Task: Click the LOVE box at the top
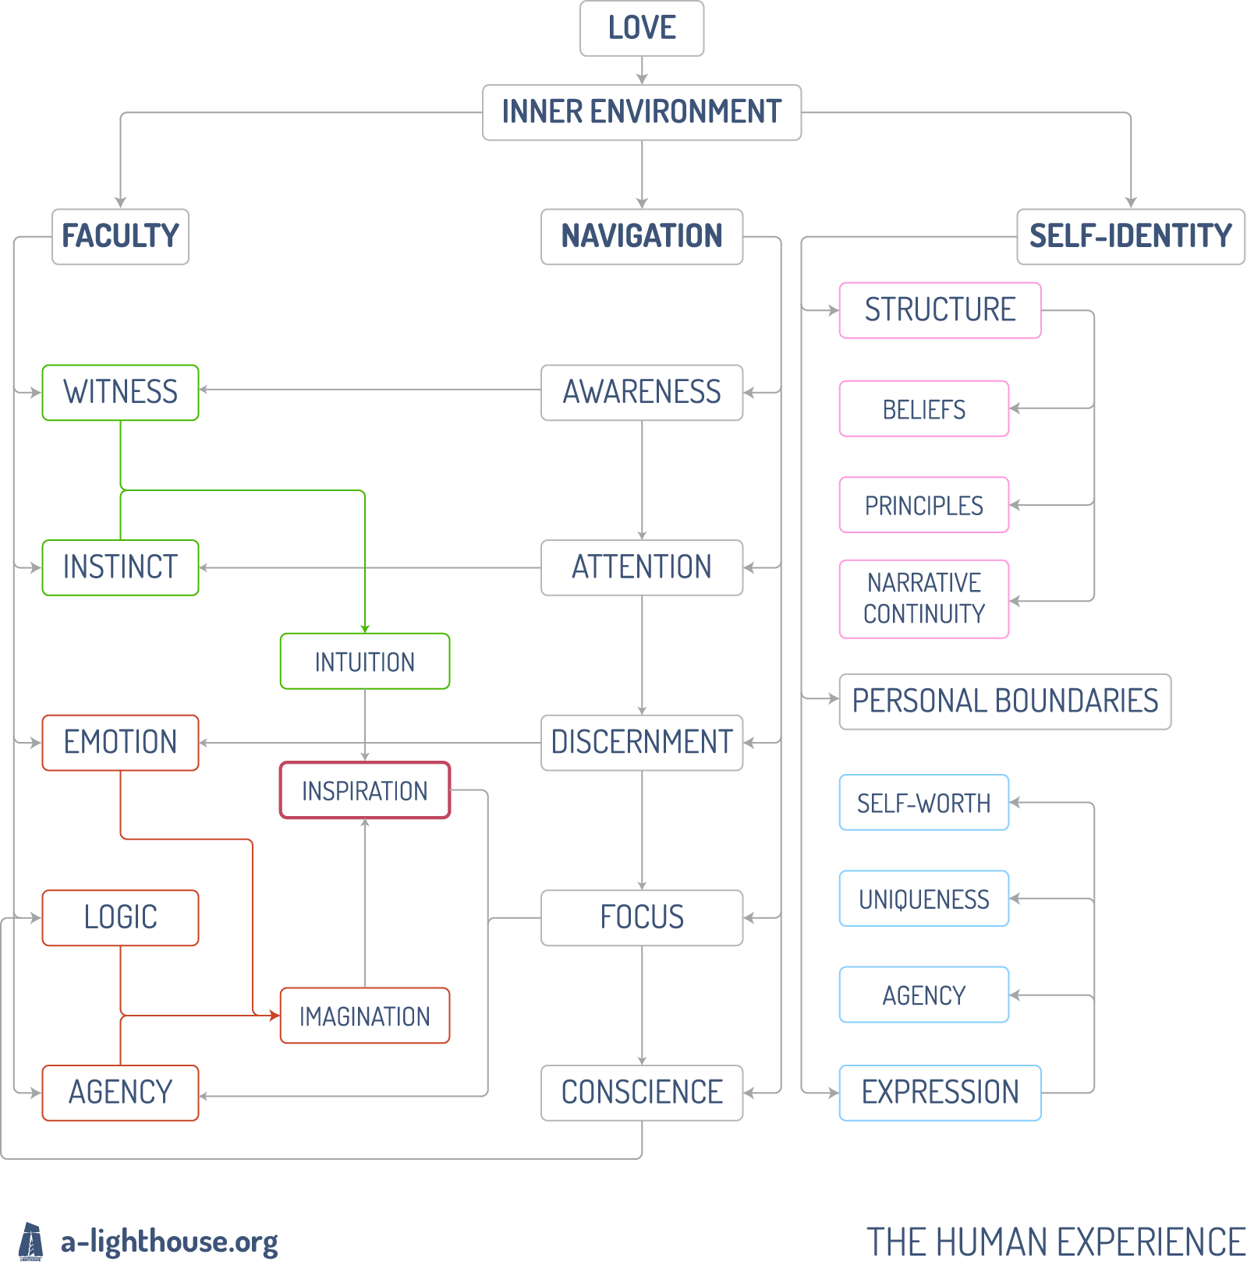pos(642,28)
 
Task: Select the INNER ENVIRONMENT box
pos(642,112)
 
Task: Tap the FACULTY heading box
pos(120,236)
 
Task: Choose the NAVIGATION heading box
pos(642,236)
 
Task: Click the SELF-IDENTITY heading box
pos(1131,236)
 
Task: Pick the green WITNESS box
pos(120,392)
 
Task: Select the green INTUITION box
pos(365,661)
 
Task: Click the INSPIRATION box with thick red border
pos(365,790)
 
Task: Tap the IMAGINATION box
pos(365,1016)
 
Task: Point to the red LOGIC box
pos(120,917)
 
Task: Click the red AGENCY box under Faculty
pos(120,1093)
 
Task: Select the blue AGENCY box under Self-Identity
pos(924,995)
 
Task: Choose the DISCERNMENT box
pos(642,743)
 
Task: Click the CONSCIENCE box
pos(642,1093)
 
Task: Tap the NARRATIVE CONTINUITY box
pos(924,599)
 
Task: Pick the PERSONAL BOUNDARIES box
pos(1005,701)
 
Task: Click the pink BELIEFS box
pos(924,408)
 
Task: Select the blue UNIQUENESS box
pos(924,899)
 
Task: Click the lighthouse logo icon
pos(31,1241)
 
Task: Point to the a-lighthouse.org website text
pos(169,1242)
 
